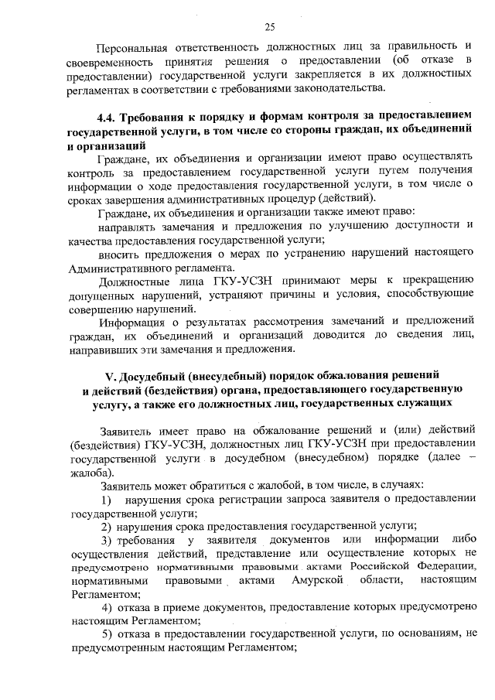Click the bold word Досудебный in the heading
point(160,376)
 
